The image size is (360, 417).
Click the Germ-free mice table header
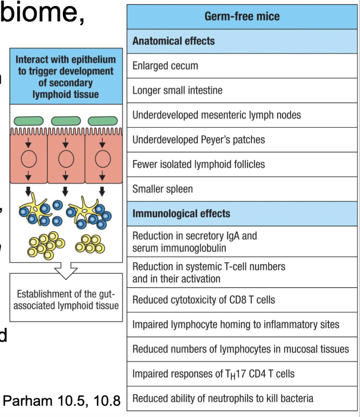click(242, 17)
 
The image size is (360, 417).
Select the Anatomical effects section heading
click(242, 41)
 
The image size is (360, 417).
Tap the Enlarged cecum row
click(242, 66)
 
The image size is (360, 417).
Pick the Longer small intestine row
click(242, 90)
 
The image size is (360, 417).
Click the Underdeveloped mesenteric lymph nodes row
click(242, 115)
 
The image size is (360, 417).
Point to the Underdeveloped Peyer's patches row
click(242, 140)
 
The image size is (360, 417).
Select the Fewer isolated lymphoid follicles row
click(242, 164)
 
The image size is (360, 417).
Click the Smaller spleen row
click(242, 189)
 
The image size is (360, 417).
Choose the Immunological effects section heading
click(242, 213)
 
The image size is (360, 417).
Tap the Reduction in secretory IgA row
click(242, 242)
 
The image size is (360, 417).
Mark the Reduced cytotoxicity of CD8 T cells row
click(242, 300)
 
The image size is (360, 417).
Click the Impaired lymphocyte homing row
click(242, 324)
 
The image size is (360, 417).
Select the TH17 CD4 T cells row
click(242, 374)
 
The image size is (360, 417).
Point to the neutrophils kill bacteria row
click(242, 399)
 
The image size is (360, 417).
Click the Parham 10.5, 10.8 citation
click(62, 401)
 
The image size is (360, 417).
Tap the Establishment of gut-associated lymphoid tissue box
click(66, 300)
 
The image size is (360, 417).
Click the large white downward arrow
click(66, 269)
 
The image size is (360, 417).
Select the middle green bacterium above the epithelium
click(66, 121)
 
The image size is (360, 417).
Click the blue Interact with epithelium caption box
click(66, 77)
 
